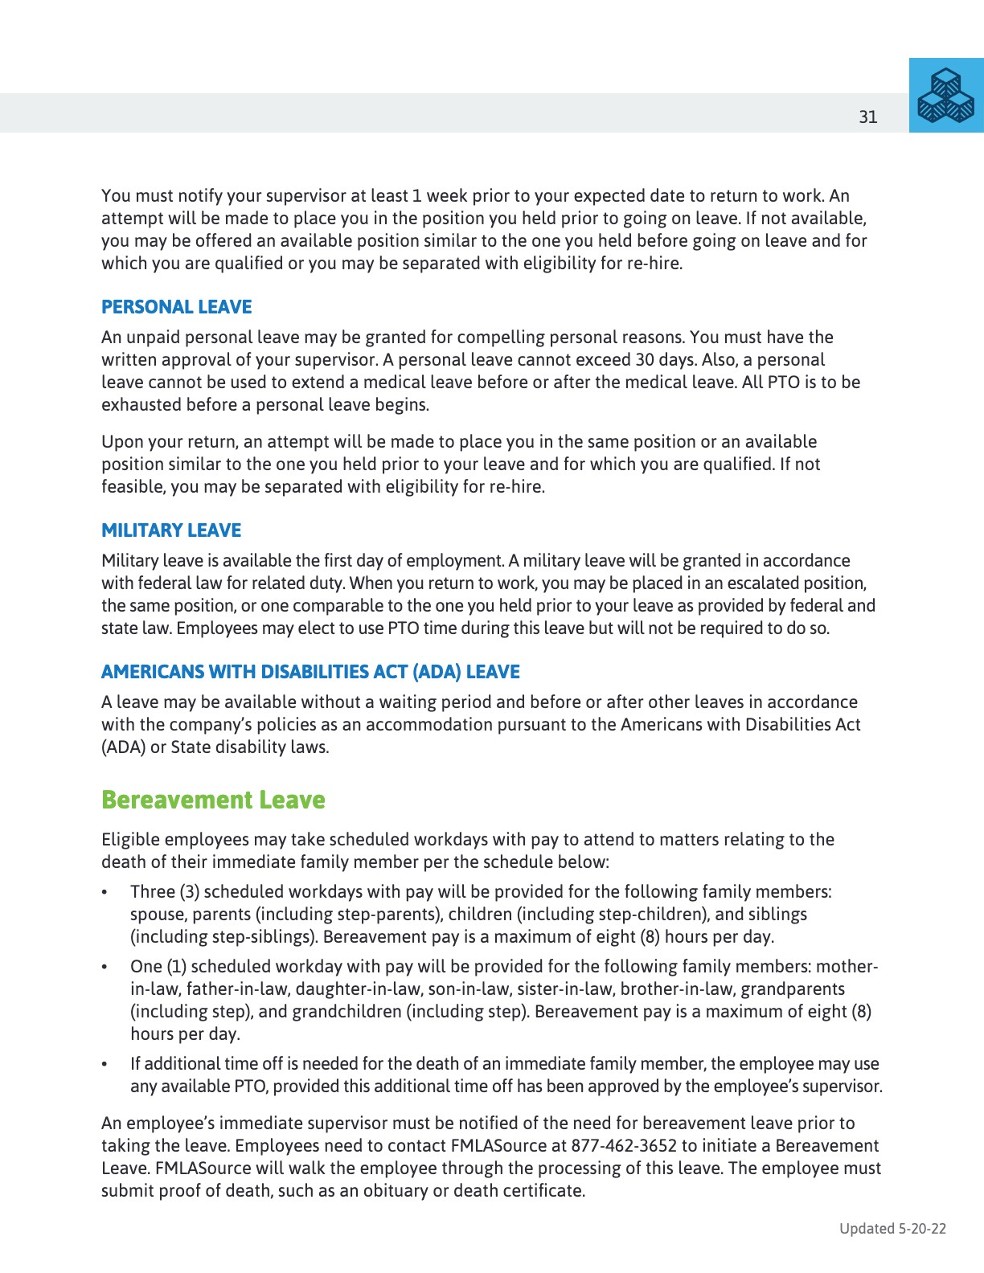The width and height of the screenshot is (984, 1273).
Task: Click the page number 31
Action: [x=868, y=117]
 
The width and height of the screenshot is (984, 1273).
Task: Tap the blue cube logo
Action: [x=946, y=96]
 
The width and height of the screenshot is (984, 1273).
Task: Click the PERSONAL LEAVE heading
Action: [x=176, y=307]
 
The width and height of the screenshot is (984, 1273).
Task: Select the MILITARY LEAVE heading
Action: [x=171, y=530]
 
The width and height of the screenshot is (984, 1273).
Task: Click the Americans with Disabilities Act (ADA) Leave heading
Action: [x=310, y=672]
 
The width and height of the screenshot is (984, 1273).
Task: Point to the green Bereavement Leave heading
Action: [x=213, y=800]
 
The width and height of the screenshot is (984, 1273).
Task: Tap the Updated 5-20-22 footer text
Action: [x=892, y=1228]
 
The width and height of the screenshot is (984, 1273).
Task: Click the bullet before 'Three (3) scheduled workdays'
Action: [x=105, y=893]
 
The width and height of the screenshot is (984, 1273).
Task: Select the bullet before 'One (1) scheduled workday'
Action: [x=105, y=968]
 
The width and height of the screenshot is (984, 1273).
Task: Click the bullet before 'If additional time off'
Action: [x=105, y=1065]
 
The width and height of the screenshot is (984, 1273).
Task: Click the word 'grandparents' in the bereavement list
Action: [x=793, y=989]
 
